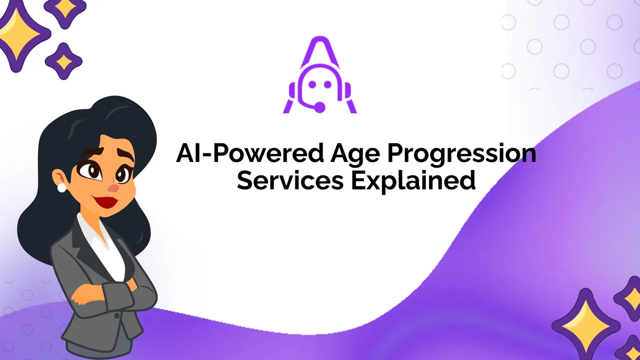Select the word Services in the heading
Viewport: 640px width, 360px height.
pyautogui.click(x=290, y=180)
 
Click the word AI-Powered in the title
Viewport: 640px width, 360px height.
pyautogui.click(x=250, y=153)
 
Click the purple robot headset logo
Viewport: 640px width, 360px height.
pyautogui.click(x=320, y=75)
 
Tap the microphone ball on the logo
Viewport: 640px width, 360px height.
pyautogui.click(x=320, y=107)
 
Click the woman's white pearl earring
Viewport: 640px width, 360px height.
pyautogui.click(x=62, y=188)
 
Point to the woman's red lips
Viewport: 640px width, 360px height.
pyautogui.click(x=106, y=202)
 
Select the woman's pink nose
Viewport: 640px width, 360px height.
pyautogui.click(x=113, y=188)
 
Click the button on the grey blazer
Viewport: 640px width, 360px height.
pyautogui.click(x=117, y=315)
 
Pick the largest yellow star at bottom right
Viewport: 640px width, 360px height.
pyautogui.click(x=586, y=326)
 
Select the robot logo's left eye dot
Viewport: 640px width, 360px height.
pyautogui.click(x=312, y=85)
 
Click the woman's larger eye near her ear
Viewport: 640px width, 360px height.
pyautogui.click(x=90, y=171)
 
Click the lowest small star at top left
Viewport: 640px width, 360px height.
pyautogui.click(x=64, y=61)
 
